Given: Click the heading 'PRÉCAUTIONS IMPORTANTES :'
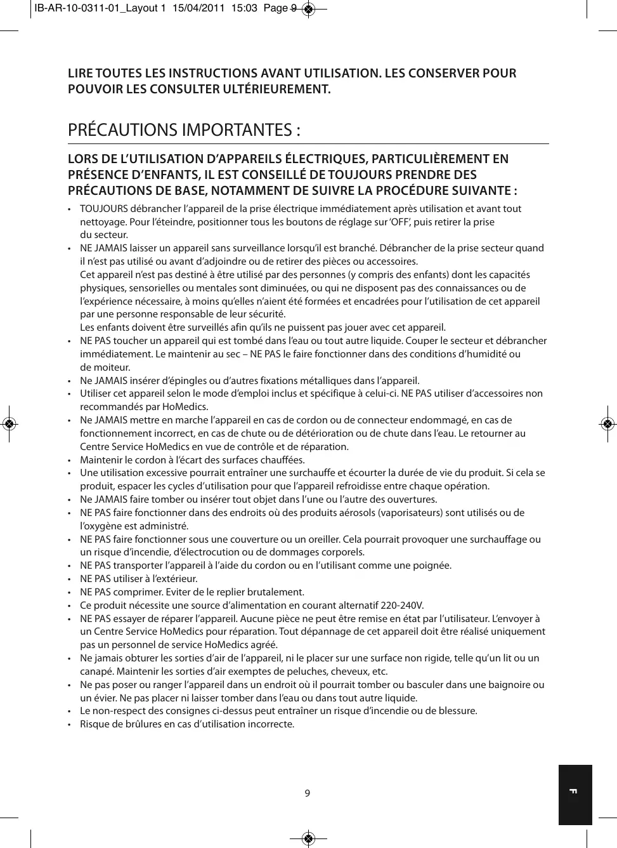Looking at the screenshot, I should (184, 130).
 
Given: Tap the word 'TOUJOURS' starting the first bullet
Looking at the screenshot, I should (103, 209).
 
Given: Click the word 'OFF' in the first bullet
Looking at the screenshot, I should (400, 222).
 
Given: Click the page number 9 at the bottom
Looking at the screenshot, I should (308, 793).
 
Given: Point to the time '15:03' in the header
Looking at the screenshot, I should (244, 8).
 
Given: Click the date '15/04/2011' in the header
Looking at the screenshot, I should (198, 8).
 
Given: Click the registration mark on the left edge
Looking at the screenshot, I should (9, 423).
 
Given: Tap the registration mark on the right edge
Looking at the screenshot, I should (607, 423).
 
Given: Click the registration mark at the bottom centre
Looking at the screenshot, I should (308, 838).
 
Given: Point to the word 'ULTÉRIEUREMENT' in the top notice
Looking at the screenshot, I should (276, 89).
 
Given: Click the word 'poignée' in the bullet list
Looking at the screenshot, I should (432, 566).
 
